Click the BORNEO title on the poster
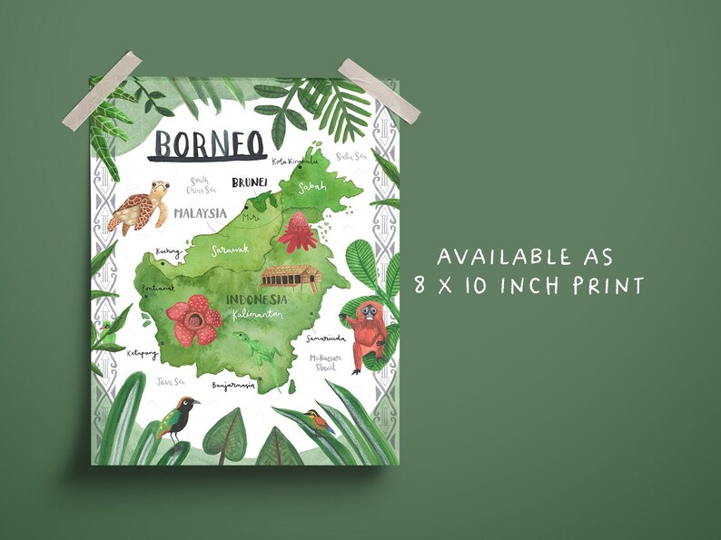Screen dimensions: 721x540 click(x=208, y=143)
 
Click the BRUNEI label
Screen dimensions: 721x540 click(x=249, y=183)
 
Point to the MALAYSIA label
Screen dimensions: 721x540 click(x=200, y=213)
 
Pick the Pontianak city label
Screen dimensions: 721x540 click(x=157, y=290)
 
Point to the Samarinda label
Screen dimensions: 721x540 click(x=328, y=339)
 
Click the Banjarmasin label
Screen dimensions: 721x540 click(x=233, y=386)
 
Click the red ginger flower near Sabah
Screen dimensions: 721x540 click(x=296, y=232)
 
